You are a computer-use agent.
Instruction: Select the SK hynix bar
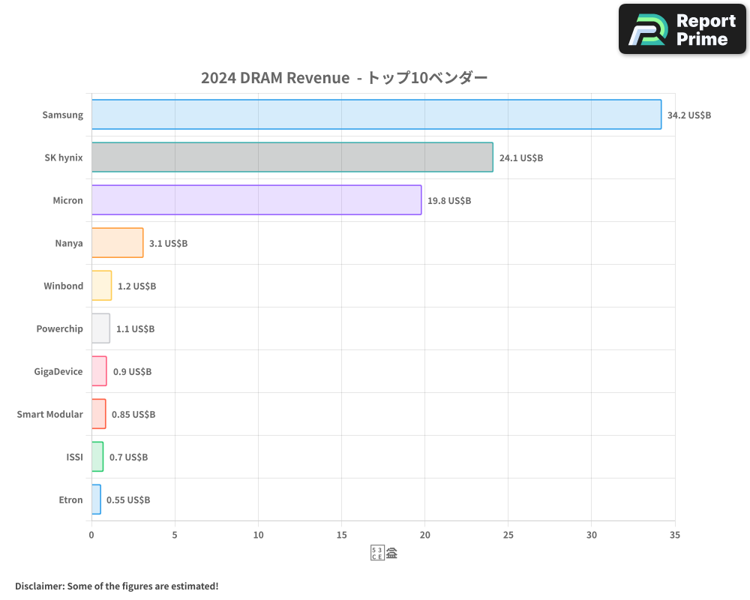[292, 157]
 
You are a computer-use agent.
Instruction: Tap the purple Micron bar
[256, 200]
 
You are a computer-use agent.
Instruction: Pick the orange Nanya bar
[117, 243]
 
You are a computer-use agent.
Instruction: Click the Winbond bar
[101, 286]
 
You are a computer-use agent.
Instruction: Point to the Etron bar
[96, 499]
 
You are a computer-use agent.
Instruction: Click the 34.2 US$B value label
[689, 115]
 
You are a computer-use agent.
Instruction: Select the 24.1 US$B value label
[521, 158]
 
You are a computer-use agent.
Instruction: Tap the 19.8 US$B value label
[449, 201]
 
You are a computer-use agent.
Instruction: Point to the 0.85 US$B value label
[133, 415]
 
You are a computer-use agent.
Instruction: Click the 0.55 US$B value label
[128, 500]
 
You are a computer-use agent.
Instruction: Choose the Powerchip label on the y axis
[59, 328]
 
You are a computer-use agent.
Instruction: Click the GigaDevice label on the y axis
[58, 371]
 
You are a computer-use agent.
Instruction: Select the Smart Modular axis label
[49, 414]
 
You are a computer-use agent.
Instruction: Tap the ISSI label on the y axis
[74, 457]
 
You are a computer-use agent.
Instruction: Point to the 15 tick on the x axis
[341, 535]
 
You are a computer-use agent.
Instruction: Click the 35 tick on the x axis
[674, 535]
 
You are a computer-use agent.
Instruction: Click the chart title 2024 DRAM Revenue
[274, 78]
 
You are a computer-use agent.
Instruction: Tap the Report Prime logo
[682, 29]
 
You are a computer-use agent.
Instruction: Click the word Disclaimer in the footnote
[39, 586]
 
